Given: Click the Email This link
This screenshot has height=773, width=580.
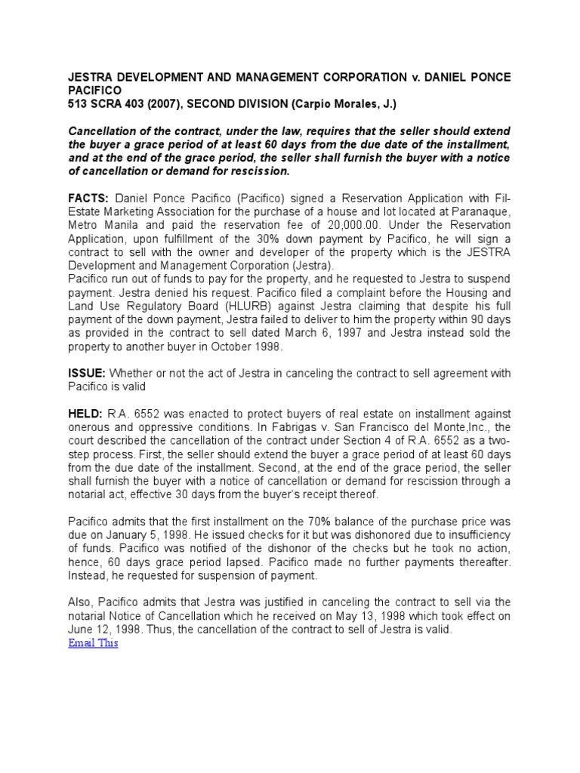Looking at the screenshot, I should [93, 643].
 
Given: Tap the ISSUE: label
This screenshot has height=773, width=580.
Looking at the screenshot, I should [87, 373].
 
